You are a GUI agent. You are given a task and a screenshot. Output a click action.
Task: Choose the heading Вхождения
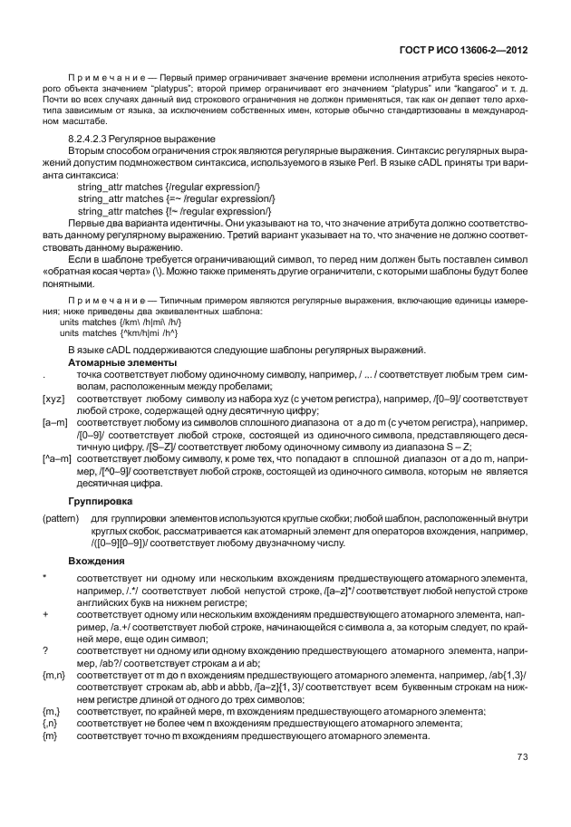[95, 562]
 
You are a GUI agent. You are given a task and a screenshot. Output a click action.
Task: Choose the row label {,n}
[51, 724]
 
